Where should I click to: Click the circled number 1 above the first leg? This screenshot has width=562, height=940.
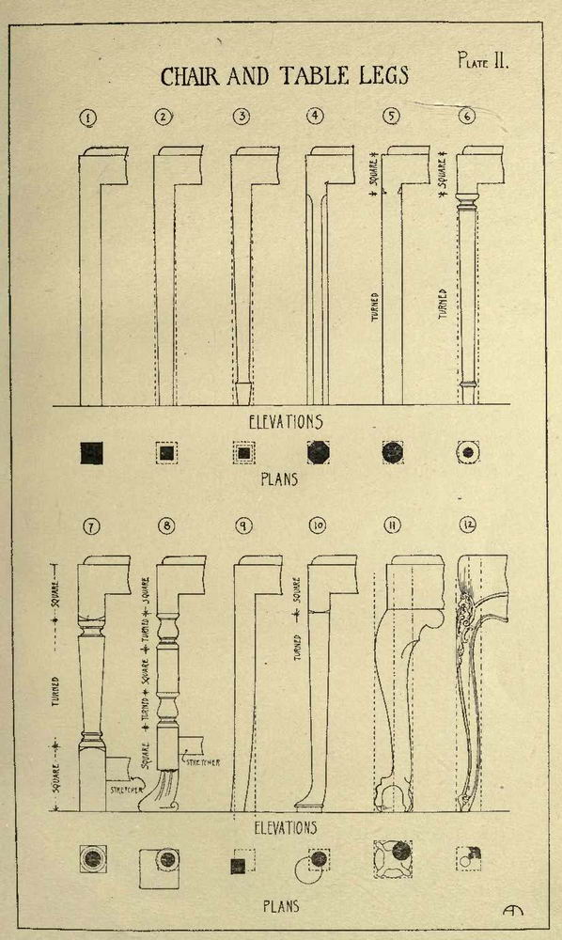click(88, 118)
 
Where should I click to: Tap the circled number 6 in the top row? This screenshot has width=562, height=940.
click(467, 116)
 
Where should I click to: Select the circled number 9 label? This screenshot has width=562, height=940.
click(242, 525)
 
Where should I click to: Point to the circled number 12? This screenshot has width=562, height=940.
click(467, 525)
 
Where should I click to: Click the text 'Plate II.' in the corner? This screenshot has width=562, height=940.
click(483, 60)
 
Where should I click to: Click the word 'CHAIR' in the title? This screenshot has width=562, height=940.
click(191, 77)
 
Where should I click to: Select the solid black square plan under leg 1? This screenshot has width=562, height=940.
click(92, 453)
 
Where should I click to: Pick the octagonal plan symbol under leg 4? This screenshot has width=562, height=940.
click(318, 453)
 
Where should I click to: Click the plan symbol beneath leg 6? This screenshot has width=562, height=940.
click(468, 452)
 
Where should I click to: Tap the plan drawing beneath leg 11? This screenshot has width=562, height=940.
click(393, 858)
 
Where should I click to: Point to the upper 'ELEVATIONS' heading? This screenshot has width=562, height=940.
click(286, 422)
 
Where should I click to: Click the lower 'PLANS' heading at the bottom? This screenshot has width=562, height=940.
click(280, 906)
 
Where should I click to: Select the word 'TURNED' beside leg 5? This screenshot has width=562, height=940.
click(375, 307)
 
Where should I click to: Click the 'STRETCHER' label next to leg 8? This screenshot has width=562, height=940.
click(202, 762)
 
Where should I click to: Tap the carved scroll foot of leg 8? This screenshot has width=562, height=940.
click(161, 791)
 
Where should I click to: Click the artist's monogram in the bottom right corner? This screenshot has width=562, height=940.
click(513, 909)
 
